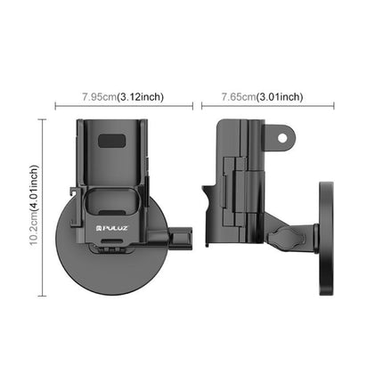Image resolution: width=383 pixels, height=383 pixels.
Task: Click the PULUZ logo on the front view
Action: coord(115,229)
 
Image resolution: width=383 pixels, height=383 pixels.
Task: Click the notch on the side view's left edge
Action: coord(207,191)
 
